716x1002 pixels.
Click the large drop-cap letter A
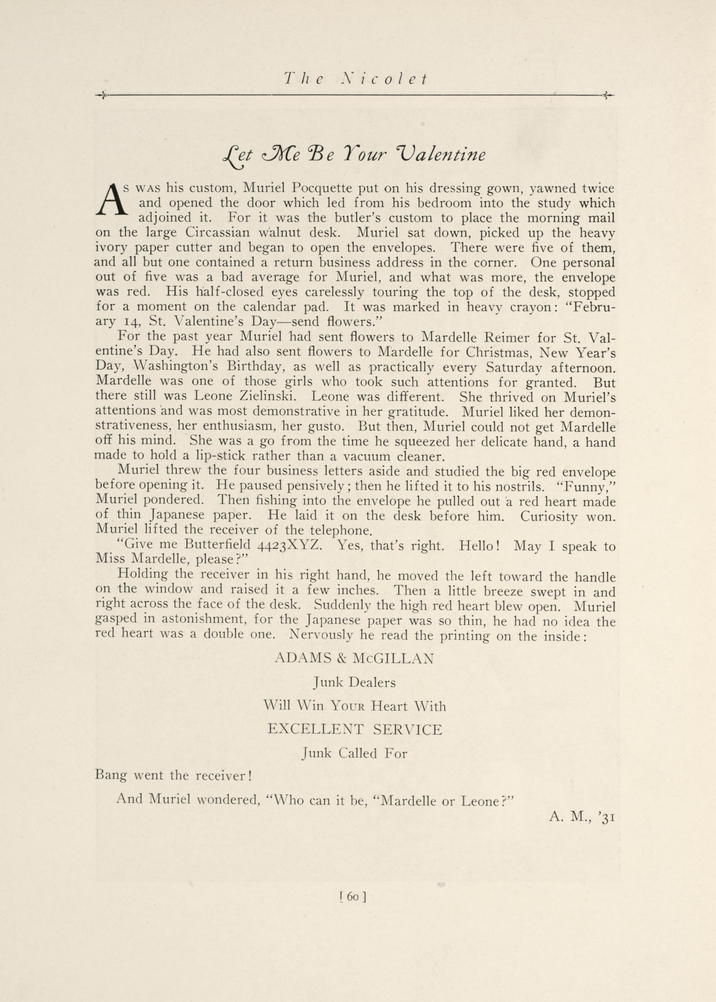[110, 201]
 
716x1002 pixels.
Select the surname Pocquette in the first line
[322, 189]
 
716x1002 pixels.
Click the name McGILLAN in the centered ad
[393, 659]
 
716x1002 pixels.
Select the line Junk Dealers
[355, 683]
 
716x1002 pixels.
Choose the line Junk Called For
[355, 753]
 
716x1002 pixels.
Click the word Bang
[111, 776]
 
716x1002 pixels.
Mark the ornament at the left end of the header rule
[102, 95]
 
